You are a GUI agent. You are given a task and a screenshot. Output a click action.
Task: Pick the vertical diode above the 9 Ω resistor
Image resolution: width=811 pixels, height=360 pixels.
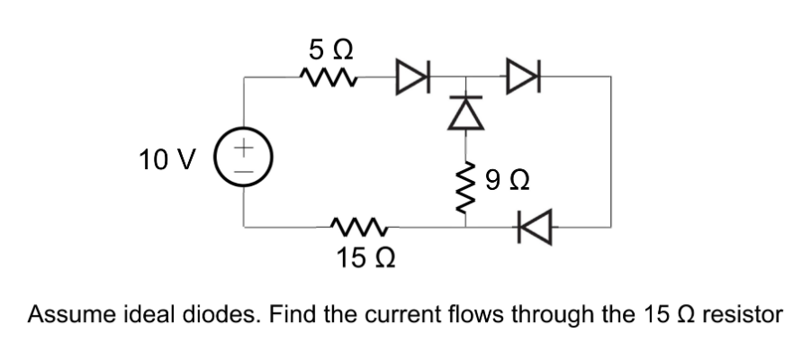(x=465, y=112)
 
